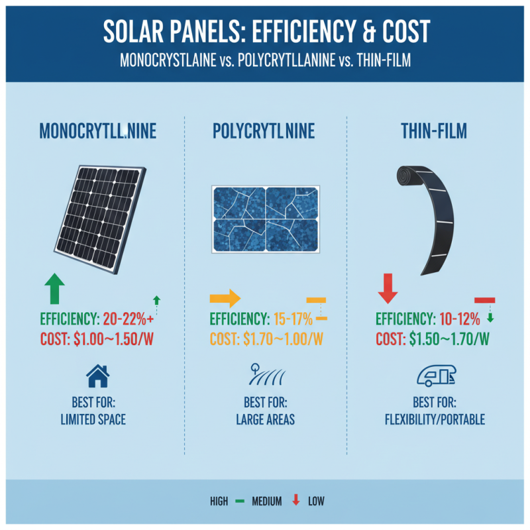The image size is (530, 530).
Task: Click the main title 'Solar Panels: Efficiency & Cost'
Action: [x=265, y=32]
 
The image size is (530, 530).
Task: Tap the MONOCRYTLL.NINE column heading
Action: [x=99, y=131]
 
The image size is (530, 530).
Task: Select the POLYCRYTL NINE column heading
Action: [x=265, y=131]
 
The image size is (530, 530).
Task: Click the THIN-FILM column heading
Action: [x=434, y=131]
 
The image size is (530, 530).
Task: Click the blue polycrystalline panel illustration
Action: [x=265, y=219]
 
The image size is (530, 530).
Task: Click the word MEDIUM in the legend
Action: [x=266, y=501]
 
